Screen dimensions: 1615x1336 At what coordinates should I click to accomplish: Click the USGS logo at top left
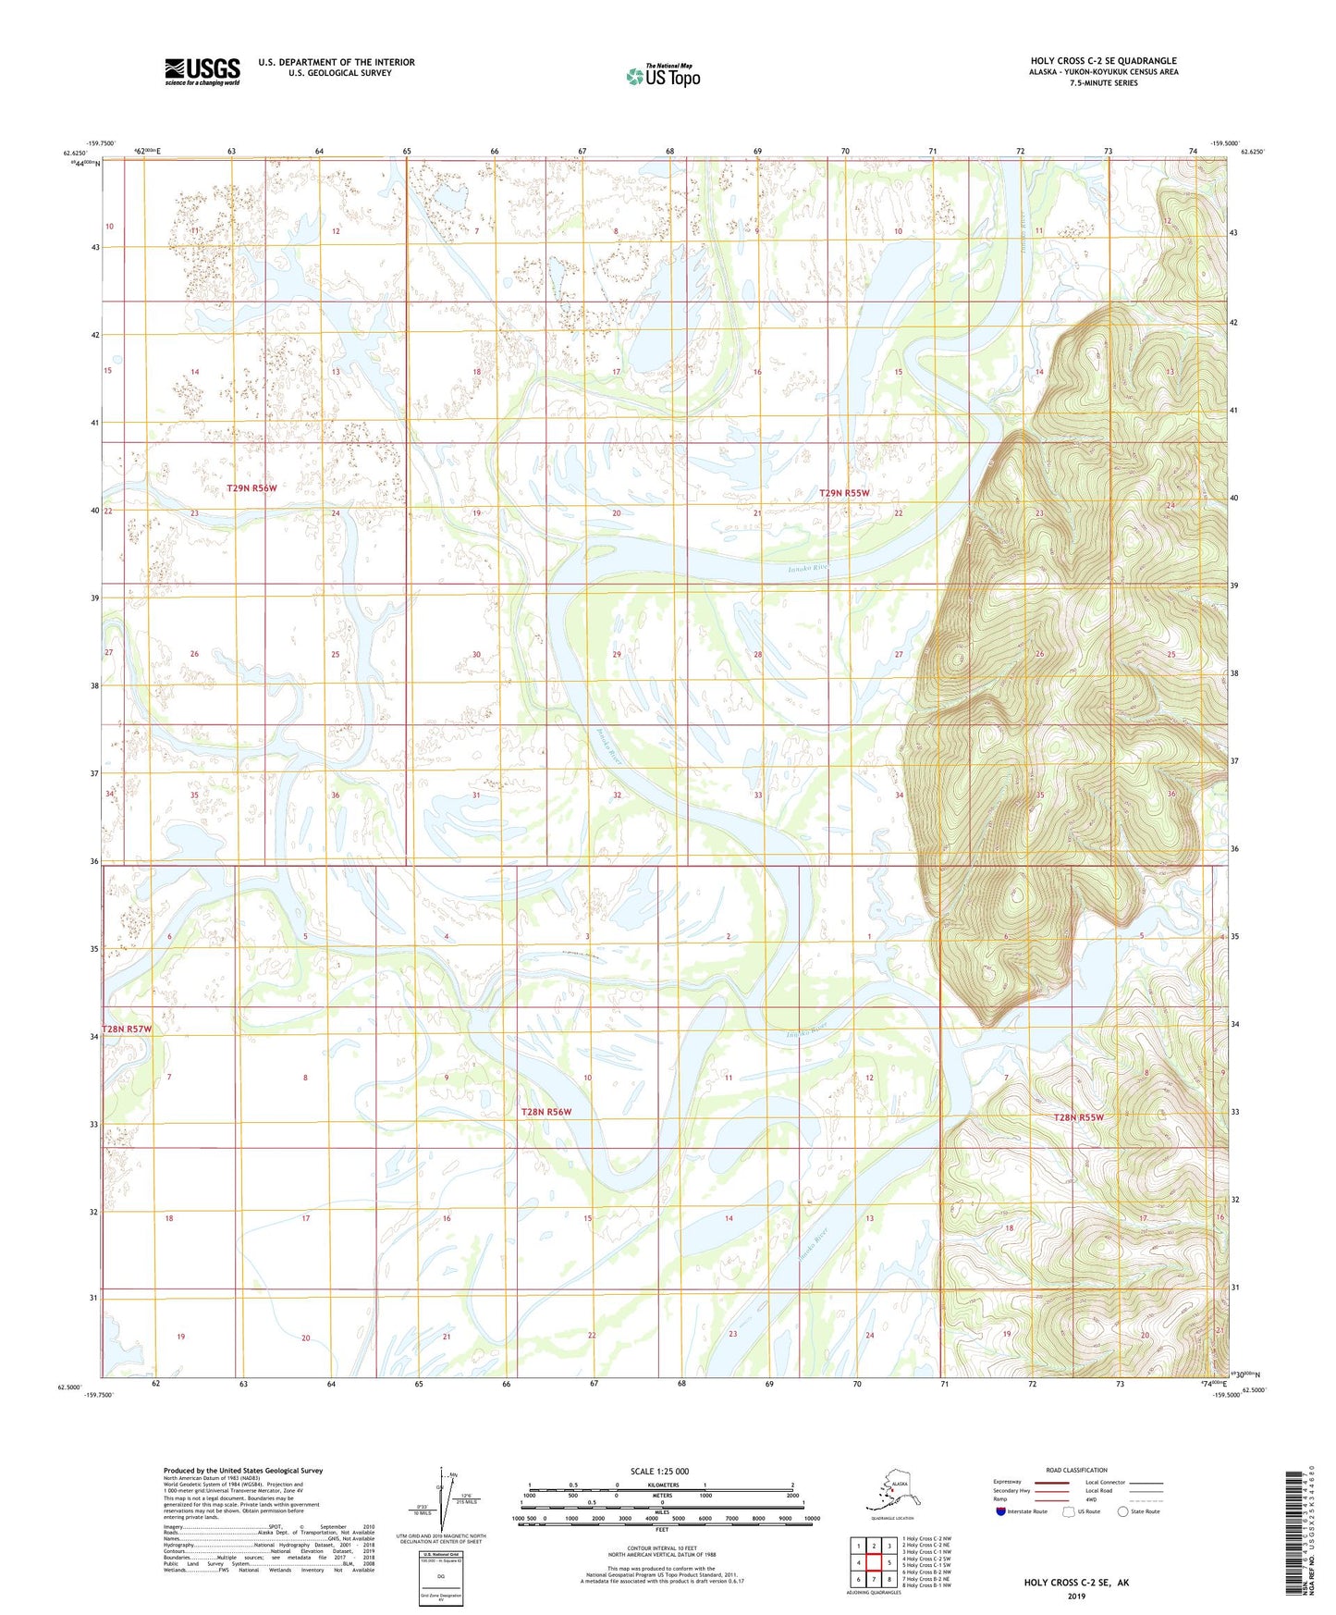[x=202, y=71]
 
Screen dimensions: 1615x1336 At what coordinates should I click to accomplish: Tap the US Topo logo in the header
[x=663, y=76]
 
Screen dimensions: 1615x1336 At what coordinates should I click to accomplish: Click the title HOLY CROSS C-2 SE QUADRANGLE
[x=1103, y=61]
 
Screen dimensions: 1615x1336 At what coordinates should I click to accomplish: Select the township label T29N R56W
[x=251, y=487]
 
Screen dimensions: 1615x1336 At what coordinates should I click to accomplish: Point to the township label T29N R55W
[x=844, y=493]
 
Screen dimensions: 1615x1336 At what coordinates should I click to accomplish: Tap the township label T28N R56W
[x=545, y=1112]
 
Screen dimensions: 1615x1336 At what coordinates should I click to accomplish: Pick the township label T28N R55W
[x=1078, y=1117]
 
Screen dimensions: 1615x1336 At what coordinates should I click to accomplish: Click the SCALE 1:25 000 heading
[x=660, y=1471]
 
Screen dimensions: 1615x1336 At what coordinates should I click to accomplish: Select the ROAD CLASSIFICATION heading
[x=1075, y=1470]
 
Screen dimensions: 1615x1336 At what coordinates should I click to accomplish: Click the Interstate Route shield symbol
[x=1001, y=1511]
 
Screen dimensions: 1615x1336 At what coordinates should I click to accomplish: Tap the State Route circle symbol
[x=1123, y=1511]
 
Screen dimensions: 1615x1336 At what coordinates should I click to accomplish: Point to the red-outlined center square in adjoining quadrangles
[x=874, y=1562]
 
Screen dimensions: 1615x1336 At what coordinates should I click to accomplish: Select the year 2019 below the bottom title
[x=1075, y=1596]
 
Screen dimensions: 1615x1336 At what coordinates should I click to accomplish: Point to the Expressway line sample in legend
[x=1050, y=1483]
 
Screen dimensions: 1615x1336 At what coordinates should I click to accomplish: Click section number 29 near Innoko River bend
[x=617, y=654]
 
